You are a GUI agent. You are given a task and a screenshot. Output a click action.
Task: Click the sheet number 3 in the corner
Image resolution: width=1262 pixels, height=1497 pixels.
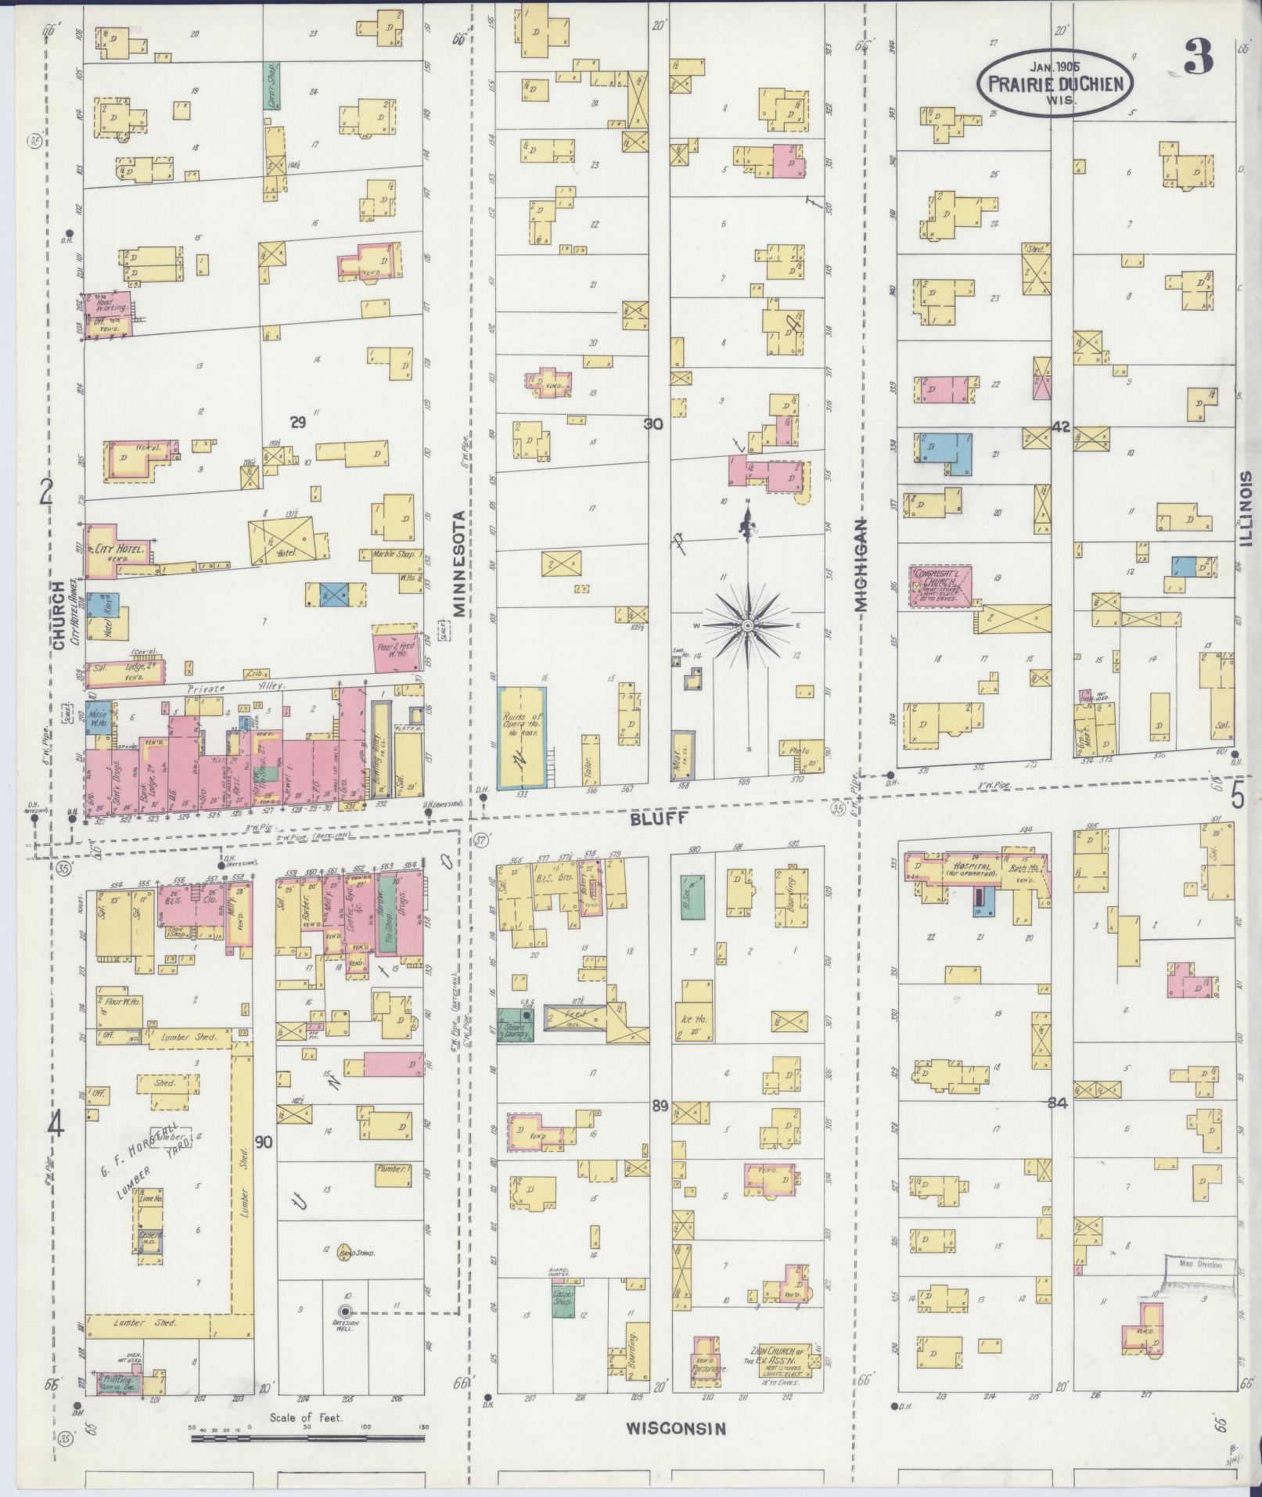click(1197, 57)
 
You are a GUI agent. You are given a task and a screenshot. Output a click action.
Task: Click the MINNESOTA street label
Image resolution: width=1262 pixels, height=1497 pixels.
click(459, 563)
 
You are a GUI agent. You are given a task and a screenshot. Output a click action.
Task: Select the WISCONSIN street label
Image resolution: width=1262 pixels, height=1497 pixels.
click(675, 1429)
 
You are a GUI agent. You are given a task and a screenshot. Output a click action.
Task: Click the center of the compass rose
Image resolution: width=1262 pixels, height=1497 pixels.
click(747, 626)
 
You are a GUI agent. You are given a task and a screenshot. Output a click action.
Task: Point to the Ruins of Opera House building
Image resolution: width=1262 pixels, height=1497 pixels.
click(523, 736)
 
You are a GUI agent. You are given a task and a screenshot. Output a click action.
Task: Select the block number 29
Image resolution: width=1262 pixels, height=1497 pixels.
click(297, 423)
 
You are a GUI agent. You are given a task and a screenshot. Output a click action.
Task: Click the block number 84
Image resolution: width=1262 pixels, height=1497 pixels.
click(1059, 1103)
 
